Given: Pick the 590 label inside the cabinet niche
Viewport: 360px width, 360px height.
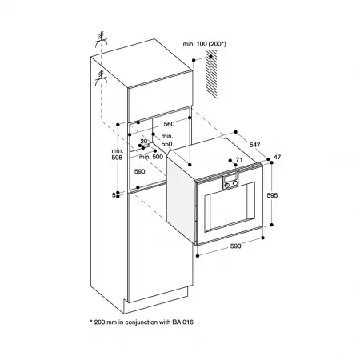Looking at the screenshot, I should [139, 172].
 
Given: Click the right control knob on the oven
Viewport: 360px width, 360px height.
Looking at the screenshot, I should [236, 184].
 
